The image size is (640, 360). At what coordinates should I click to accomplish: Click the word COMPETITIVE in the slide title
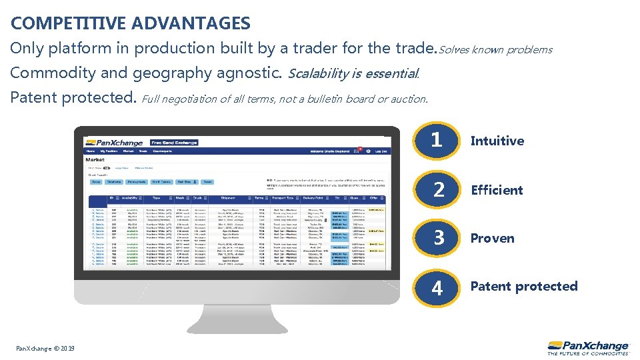[68, 24]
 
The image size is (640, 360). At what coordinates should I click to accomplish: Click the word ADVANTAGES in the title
[191, 24]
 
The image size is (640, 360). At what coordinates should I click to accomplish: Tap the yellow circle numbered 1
[437, 140]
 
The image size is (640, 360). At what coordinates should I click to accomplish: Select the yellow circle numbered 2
[437, 189]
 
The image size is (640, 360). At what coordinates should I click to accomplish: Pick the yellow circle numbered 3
[437, 238]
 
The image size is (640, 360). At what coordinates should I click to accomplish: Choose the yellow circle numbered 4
[437, 287]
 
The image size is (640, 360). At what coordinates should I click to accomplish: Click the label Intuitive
[497, 141]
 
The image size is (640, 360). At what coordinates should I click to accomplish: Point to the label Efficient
[497, 190]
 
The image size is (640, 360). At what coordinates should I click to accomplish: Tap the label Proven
[492, 239]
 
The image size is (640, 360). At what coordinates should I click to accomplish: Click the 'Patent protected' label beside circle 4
[524, 287]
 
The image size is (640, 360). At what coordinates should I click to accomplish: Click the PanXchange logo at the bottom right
[588, 347]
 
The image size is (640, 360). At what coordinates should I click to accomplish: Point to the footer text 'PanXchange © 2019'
[45, 349]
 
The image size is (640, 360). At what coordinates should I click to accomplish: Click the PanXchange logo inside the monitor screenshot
[113, 142]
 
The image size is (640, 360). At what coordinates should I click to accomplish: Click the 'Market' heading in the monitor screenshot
[95, 159]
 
